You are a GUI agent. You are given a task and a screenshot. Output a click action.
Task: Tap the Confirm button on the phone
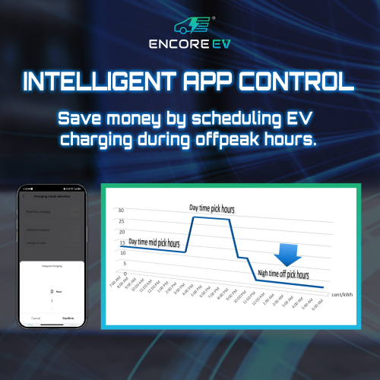pyautogui.click(x=68, y=318)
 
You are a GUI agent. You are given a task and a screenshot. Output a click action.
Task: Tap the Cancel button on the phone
pyautogui.click(x=35, y=318)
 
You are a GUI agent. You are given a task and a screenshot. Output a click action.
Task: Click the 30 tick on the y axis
pyautogui.click(x=122, y=210)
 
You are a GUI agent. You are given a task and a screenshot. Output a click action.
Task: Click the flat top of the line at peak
pyautogui.click(x=211, y=218)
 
